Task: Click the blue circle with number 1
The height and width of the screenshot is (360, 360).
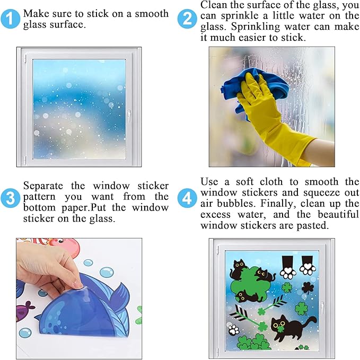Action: tap(10, 19)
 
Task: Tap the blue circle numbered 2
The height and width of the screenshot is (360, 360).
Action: tap(187, 19)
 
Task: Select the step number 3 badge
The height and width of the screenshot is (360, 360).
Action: tap(10, 198)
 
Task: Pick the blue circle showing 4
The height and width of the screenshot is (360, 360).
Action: tap(187, 198)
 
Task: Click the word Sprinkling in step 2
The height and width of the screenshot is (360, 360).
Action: tap(256, 27)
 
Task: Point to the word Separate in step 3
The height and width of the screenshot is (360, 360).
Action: tap(43, 186)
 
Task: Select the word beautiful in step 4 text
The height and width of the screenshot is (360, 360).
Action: tap(338, 214)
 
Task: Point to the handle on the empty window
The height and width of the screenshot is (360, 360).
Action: tap(129, 116)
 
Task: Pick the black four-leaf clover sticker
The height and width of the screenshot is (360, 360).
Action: tap(308, 287)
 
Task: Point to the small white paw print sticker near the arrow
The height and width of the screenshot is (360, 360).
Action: tap(234, 329)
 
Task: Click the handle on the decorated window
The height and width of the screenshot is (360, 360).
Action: tap(322, 308)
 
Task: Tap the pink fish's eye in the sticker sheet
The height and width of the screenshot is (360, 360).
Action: tap(60, 241)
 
